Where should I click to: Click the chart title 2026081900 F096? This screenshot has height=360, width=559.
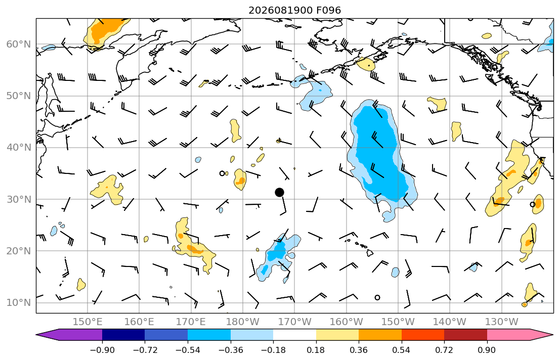pos(294,10)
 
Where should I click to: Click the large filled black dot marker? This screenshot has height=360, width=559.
pos(279,193)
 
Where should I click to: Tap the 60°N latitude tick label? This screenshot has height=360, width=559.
pos(19,44)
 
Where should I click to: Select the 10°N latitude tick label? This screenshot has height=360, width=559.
pos(19,303)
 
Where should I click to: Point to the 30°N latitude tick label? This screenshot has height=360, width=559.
pos(19,199)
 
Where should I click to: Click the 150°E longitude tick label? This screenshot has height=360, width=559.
pos(88,322)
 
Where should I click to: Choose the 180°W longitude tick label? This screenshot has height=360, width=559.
pos(243,322)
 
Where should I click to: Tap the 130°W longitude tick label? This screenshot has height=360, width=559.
pos(502,322)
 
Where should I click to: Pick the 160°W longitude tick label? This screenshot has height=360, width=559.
pos(346,322)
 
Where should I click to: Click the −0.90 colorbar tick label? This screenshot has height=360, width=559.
pos(102,350)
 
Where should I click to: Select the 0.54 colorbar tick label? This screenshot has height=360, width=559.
pos(402,350)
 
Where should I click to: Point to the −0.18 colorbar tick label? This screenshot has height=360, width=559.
pos(273,350)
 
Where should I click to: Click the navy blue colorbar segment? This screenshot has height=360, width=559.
pos(123,335)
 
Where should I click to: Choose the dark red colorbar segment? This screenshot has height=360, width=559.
pos(465,335)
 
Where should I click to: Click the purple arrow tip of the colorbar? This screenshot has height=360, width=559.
pos(36,335)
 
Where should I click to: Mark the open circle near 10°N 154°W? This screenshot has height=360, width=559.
pos(377,298)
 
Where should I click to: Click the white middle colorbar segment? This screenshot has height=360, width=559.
pos(294,335)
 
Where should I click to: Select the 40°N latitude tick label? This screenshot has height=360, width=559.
pos(19,148)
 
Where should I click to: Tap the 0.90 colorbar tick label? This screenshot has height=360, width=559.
pos(487,350)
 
